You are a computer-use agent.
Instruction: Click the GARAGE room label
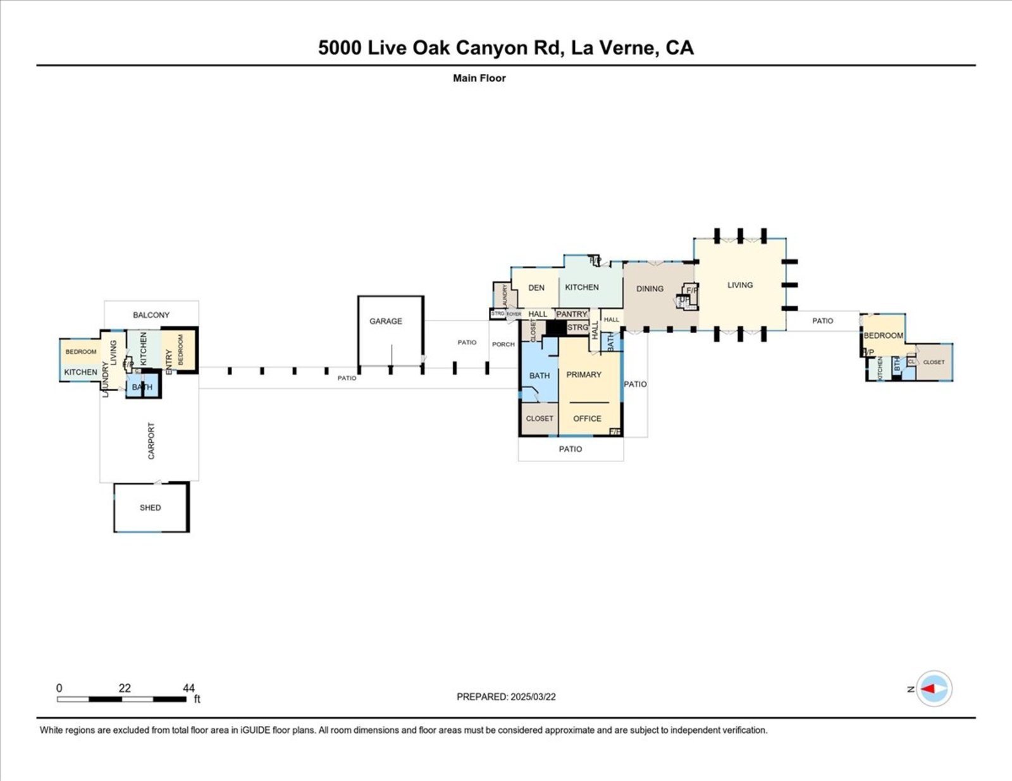pyautogui.click(x=386, y=321)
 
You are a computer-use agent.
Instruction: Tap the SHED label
pyautogui.click(x=150, y=507)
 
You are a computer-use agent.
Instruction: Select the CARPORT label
pyautogui.click(x=151, y=440)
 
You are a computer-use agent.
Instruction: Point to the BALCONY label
pyautogui.click(x=151, y=315)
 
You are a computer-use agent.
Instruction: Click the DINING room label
pyautogui.click(x=650, y=289)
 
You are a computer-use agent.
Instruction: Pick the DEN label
pyautogui.click(x=536, y=288)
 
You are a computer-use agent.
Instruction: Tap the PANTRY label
pyautogui.click(x=572, y=314)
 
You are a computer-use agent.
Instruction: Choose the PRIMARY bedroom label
pyautogui.click(x=584, y=375)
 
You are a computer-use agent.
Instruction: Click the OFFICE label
pyautogui.click(x=587, y=418)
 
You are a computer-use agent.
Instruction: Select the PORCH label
pyautogui.click(x=503, y=344)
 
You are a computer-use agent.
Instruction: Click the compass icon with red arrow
pyautogui.click(x=934, y=688)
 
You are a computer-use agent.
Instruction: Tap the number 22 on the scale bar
pyautogui.click(x=125, y=688)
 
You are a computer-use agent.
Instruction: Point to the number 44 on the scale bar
pyautogui.click(x=188, y=688)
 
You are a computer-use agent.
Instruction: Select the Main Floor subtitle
pyautogui.click(x=479, y=78)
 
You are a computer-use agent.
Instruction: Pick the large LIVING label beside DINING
pyautogui.click(x=740, y=285)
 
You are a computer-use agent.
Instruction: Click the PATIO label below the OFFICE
pyautogui.click(x=571, y=449)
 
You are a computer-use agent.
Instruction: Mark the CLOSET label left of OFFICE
pyautogui.click(x=540, y=418)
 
